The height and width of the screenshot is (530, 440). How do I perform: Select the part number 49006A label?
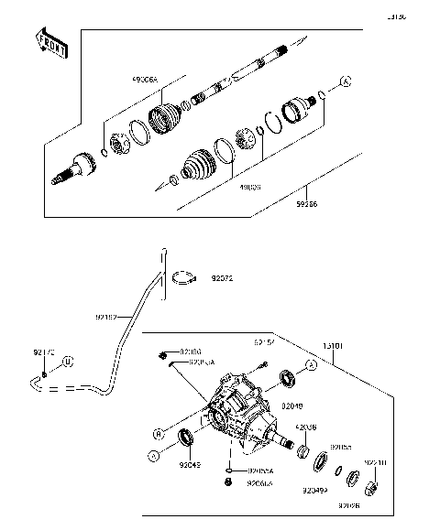(144, 80)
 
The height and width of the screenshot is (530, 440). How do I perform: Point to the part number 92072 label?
(224, 276)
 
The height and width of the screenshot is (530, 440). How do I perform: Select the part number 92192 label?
(107, 317)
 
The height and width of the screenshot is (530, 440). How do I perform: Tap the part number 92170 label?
(44, 351)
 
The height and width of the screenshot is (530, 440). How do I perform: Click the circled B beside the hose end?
(67, 364)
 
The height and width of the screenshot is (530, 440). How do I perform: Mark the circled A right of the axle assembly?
(346, 82)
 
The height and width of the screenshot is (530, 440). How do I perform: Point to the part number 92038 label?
(308, 426)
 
